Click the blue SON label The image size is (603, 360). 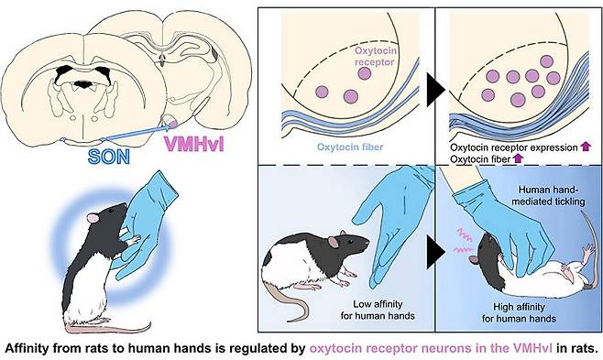click(109, 157)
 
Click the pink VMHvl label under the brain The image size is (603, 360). click(194, 145)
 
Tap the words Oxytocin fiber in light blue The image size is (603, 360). click(350, 147)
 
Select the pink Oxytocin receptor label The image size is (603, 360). click(375, 56)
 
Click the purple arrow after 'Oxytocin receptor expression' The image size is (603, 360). click(586, 147)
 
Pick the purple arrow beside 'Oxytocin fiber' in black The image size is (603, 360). click(518, 158)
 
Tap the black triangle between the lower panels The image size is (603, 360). click(435, 252)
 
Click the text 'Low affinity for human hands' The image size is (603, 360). click(378, 310)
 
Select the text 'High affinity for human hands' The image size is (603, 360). click(519, 312)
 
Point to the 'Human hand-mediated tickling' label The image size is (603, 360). click(548, 195)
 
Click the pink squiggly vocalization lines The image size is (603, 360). click(464, 241)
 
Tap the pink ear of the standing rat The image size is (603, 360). click(93, 219)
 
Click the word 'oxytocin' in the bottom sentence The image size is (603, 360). click(335, 348)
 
